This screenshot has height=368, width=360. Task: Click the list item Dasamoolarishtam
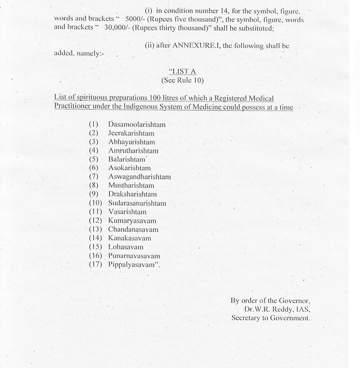pyautogui.click(x=137, y=124)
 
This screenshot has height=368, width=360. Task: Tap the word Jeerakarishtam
pyautogui.click(x=131, y=133)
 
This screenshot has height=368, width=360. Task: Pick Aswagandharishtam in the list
pyautogui.click(x=139, y=177)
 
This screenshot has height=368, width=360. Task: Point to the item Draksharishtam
pyautogui.click(x=132, y=194)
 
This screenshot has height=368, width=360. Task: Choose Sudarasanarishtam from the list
pyautogui.click(x=137, y=203)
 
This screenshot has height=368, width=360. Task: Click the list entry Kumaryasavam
pyautogui.click(x=132, y=220)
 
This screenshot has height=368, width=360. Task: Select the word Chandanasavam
pyautogui.click(x=133, y=229)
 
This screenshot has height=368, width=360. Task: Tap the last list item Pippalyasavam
pyautogui.click(x=134, y=265)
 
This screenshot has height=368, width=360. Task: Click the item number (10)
pyautogui.click(x=97, y=203)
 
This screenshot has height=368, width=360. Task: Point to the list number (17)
pyautogui.click(x=97, y=265)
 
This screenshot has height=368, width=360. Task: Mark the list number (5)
pyautogui.click(x=94, y=159)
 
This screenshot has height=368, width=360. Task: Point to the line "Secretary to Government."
pyautogui.click(x=271, y=318)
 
